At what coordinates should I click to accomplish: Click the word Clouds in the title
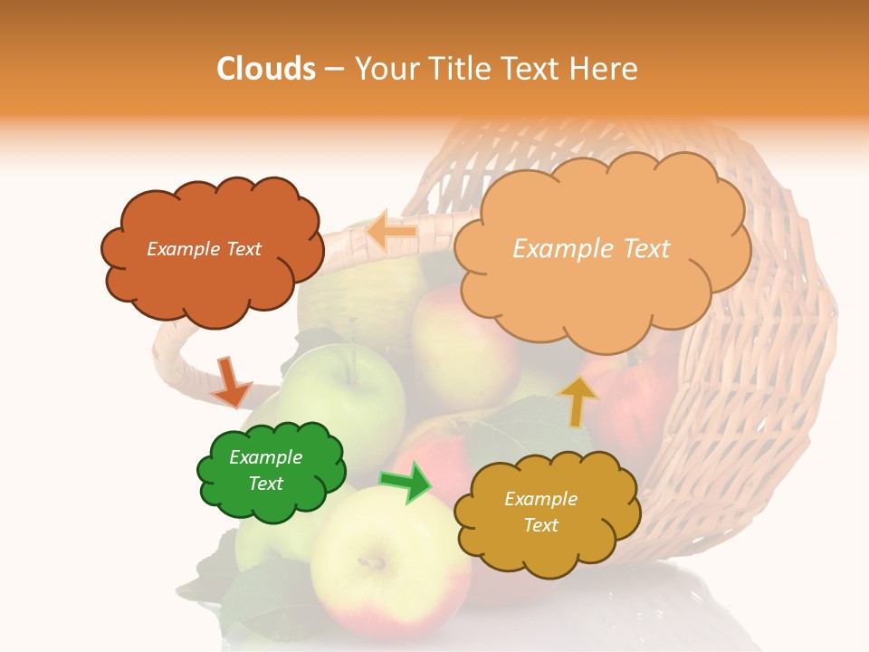[266, 69]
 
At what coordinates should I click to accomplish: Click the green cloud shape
[272, 503]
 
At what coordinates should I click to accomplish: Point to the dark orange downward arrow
[230, 381]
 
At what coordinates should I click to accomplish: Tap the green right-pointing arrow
[406, 481]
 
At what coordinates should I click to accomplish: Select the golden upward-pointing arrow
[578, 400]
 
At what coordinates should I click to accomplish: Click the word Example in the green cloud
[266, 457]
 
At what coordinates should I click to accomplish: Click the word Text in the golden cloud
[540, 525]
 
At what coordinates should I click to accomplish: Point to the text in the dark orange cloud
[205, 249]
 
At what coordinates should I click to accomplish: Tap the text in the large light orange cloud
[591, 249]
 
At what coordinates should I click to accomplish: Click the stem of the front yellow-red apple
[371, 562]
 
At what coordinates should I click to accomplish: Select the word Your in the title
[385, 69]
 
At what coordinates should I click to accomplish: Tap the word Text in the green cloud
[266, 484]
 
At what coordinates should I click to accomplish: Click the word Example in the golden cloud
[540, 499]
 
